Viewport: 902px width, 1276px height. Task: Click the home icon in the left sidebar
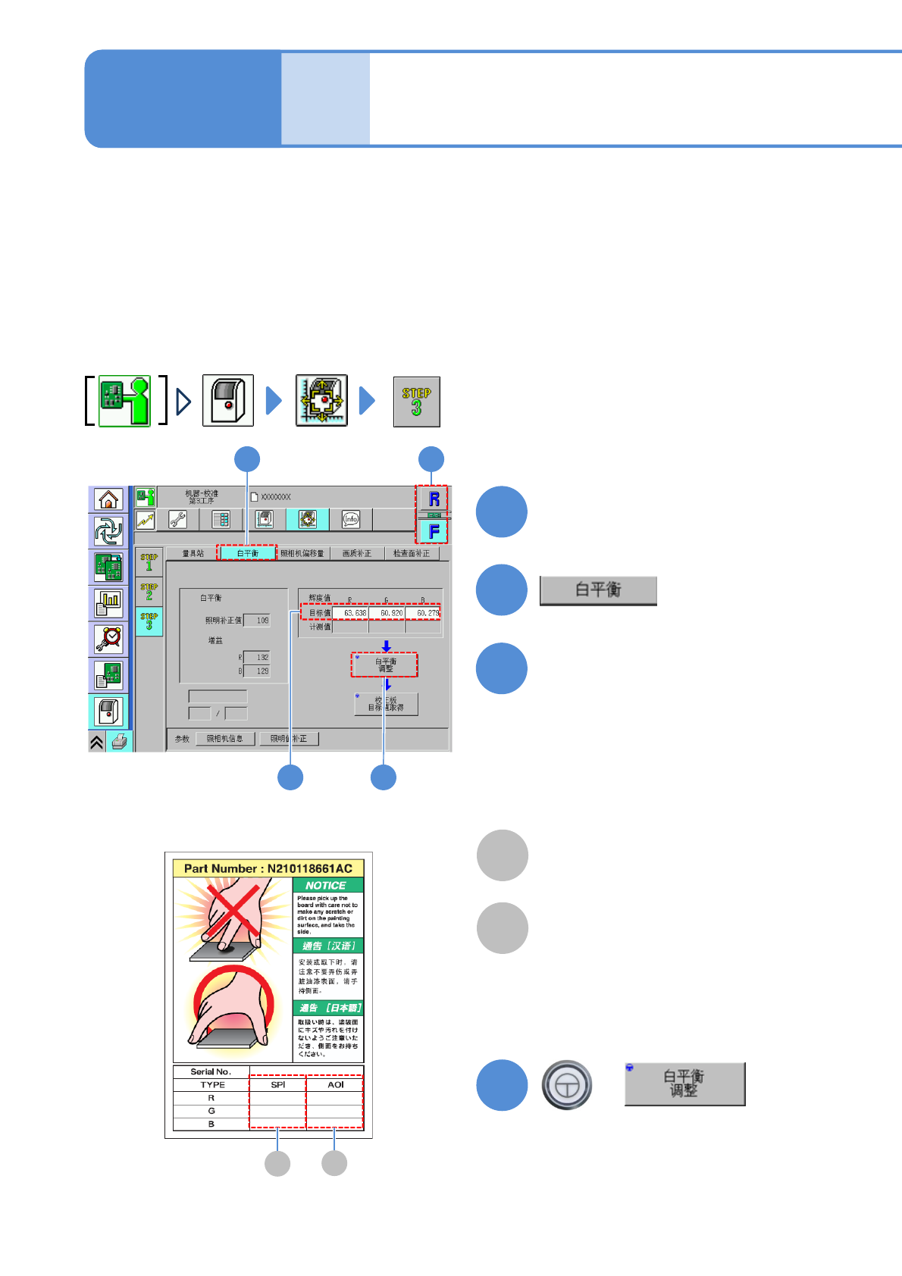pos(109,499)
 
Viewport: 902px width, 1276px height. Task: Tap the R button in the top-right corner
pos(434,499)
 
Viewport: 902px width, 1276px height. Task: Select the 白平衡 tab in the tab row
pos(247,553)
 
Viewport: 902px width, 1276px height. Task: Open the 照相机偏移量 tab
pos(302,553)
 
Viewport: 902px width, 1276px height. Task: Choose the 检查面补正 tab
pos(411,553)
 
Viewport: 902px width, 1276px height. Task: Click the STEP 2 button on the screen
pos(149,591)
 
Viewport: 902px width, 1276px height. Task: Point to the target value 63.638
pos(351,613)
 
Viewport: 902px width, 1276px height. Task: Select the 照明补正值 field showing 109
pos(257,621)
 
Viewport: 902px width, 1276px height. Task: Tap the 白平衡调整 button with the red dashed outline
pos(384,665)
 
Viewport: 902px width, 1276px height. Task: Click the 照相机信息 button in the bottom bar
pos(225,739)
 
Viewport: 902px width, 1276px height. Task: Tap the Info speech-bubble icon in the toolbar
pos(350,519)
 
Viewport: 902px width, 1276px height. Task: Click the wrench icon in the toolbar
pos(177,520)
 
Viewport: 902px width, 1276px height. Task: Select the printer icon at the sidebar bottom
pos(119,742)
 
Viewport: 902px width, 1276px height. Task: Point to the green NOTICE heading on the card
pos(327,885)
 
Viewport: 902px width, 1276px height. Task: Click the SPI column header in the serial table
pos(278,1085)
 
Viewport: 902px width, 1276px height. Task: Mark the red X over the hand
pos(233,911)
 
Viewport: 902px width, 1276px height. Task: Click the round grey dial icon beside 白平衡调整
pos(566,1085)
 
